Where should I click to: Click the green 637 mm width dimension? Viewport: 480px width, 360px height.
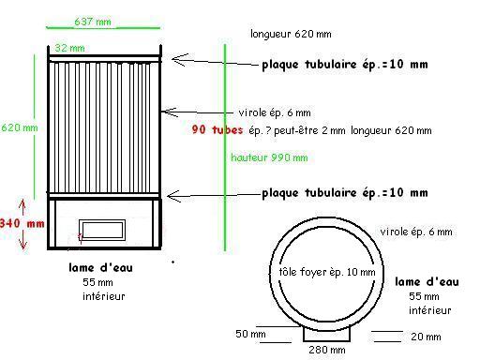[x=93, y=22]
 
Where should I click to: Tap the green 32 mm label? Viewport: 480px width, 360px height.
[x=69, y=48]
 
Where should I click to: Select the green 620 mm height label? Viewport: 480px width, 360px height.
[x=20, y=127]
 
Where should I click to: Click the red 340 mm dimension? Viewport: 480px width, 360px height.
[x=22, y=223]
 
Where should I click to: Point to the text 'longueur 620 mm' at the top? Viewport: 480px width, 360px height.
[x=291, y=34]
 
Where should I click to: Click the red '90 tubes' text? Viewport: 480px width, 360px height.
[x=217, y=129]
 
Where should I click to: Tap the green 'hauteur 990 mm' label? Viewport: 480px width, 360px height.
[x=269, y=157]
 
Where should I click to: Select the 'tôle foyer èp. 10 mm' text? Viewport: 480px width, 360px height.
[x=327, y=272]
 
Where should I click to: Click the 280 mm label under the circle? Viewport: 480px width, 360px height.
[x=327, y=350]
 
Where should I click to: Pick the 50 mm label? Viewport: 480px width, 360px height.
[x=250, y=334]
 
